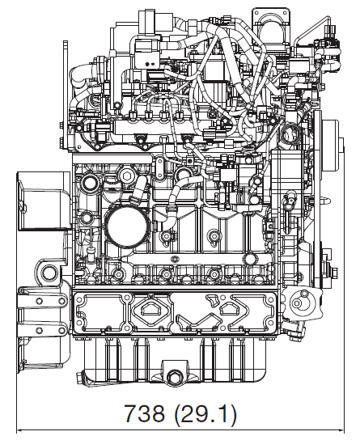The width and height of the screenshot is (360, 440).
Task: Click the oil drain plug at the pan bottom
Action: click(x=174, y=377)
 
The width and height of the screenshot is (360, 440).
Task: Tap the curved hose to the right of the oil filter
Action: click(x=172, y=202)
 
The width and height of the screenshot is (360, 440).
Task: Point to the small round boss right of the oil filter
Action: click(x=214, y=237)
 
